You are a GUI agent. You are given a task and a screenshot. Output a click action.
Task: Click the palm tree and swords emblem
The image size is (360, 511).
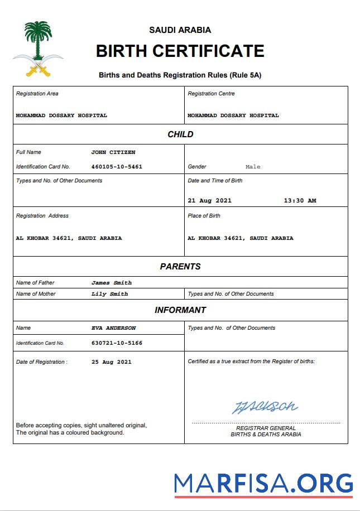point(38,49)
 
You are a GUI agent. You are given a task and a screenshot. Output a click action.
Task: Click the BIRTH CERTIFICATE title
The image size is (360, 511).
point(180,51)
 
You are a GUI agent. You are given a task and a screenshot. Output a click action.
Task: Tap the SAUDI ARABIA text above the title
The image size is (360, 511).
point(180,30)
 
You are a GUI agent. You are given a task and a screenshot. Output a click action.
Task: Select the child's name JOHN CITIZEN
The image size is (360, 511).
point(113,152)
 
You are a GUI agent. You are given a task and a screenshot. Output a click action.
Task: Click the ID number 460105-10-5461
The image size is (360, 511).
point(117,167)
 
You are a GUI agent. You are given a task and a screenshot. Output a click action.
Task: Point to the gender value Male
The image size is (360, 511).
point(253,167)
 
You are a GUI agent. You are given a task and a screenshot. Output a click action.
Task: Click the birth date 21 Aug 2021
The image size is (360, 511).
point(210,201)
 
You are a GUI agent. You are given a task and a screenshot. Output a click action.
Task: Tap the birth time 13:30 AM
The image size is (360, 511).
point(300,201)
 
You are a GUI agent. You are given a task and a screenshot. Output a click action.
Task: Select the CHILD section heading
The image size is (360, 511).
point(180,134)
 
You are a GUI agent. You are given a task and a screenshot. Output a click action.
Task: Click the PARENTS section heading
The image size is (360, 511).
point(180,267)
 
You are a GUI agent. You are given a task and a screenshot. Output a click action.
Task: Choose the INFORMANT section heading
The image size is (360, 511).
point(180,310)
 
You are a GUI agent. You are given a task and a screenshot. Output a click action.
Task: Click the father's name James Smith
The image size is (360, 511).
point(112,283)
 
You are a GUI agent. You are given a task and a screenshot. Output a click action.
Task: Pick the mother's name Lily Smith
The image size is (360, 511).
point(109,294)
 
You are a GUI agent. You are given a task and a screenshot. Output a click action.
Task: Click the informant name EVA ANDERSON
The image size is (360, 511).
point(113,328)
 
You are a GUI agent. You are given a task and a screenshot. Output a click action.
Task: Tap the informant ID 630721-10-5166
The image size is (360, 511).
point(117,343)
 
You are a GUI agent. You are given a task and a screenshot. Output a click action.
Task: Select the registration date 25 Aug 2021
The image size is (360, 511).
point(112,362)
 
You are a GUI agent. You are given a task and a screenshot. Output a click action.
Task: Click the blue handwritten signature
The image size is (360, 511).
point(265,407)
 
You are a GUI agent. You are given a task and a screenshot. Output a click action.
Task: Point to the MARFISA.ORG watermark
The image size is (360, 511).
point(263,483)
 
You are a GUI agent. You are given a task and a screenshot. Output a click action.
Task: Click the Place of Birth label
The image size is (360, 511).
point(204,216)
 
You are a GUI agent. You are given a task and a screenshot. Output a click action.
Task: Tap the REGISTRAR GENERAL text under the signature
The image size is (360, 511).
point(266,428)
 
